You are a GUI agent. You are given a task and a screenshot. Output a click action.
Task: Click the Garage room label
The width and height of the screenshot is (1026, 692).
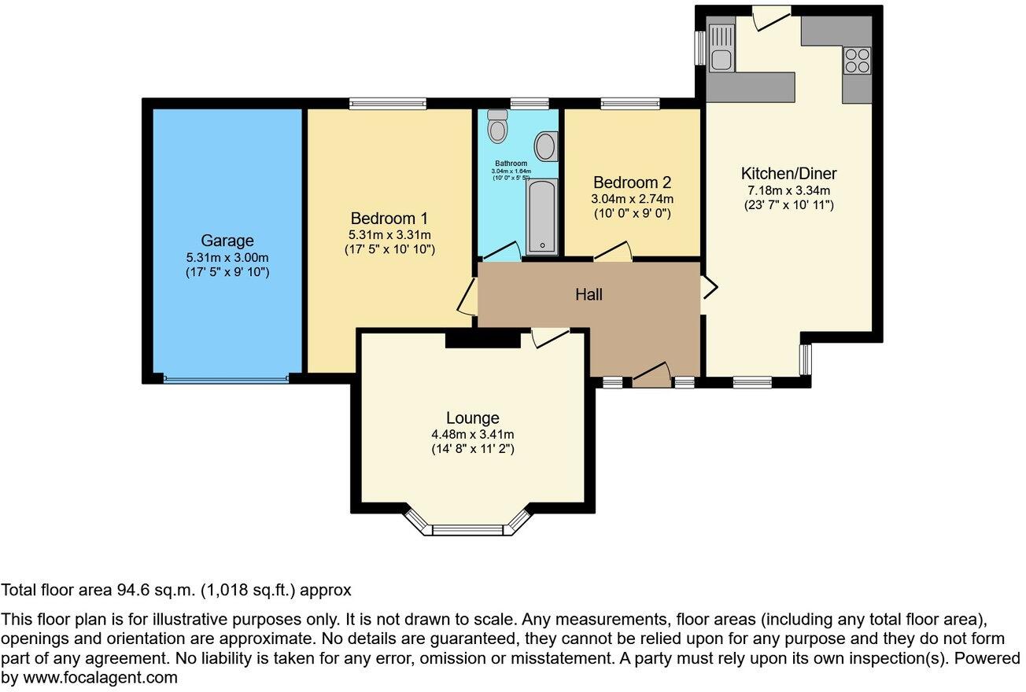[227, 241]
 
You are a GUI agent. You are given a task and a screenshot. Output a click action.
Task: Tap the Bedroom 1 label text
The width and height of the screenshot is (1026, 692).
[389, 218]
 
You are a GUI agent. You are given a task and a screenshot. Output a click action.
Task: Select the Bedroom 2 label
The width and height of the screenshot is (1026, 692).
[632, 182]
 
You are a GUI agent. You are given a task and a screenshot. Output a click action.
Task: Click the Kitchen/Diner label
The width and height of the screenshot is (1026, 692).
[788, 173]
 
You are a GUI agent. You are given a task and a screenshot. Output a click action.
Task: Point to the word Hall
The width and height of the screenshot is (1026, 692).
[589, 295]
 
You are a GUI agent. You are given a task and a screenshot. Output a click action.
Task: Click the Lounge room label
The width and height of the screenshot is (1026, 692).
[472, 418]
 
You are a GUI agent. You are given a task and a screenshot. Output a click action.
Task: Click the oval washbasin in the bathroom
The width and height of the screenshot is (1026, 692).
[544, 146]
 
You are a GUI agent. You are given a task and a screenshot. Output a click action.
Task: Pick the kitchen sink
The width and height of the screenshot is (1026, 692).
[721, 48]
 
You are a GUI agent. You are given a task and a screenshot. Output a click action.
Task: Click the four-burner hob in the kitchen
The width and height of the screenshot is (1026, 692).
[857, 60]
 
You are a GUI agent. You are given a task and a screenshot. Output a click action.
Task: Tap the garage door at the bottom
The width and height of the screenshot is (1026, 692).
[227, 379]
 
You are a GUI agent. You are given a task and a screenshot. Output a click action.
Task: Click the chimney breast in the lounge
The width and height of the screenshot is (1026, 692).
[482, 339]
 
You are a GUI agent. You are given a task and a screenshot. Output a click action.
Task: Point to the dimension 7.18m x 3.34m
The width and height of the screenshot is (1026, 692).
[788, 190]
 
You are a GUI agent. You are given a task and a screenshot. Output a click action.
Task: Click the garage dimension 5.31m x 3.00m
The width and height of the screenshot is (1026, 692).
[227, 258]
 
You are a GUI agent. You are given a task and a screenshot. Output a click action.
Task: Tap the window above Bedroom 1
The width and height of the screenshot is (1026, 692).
[388, 103]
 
